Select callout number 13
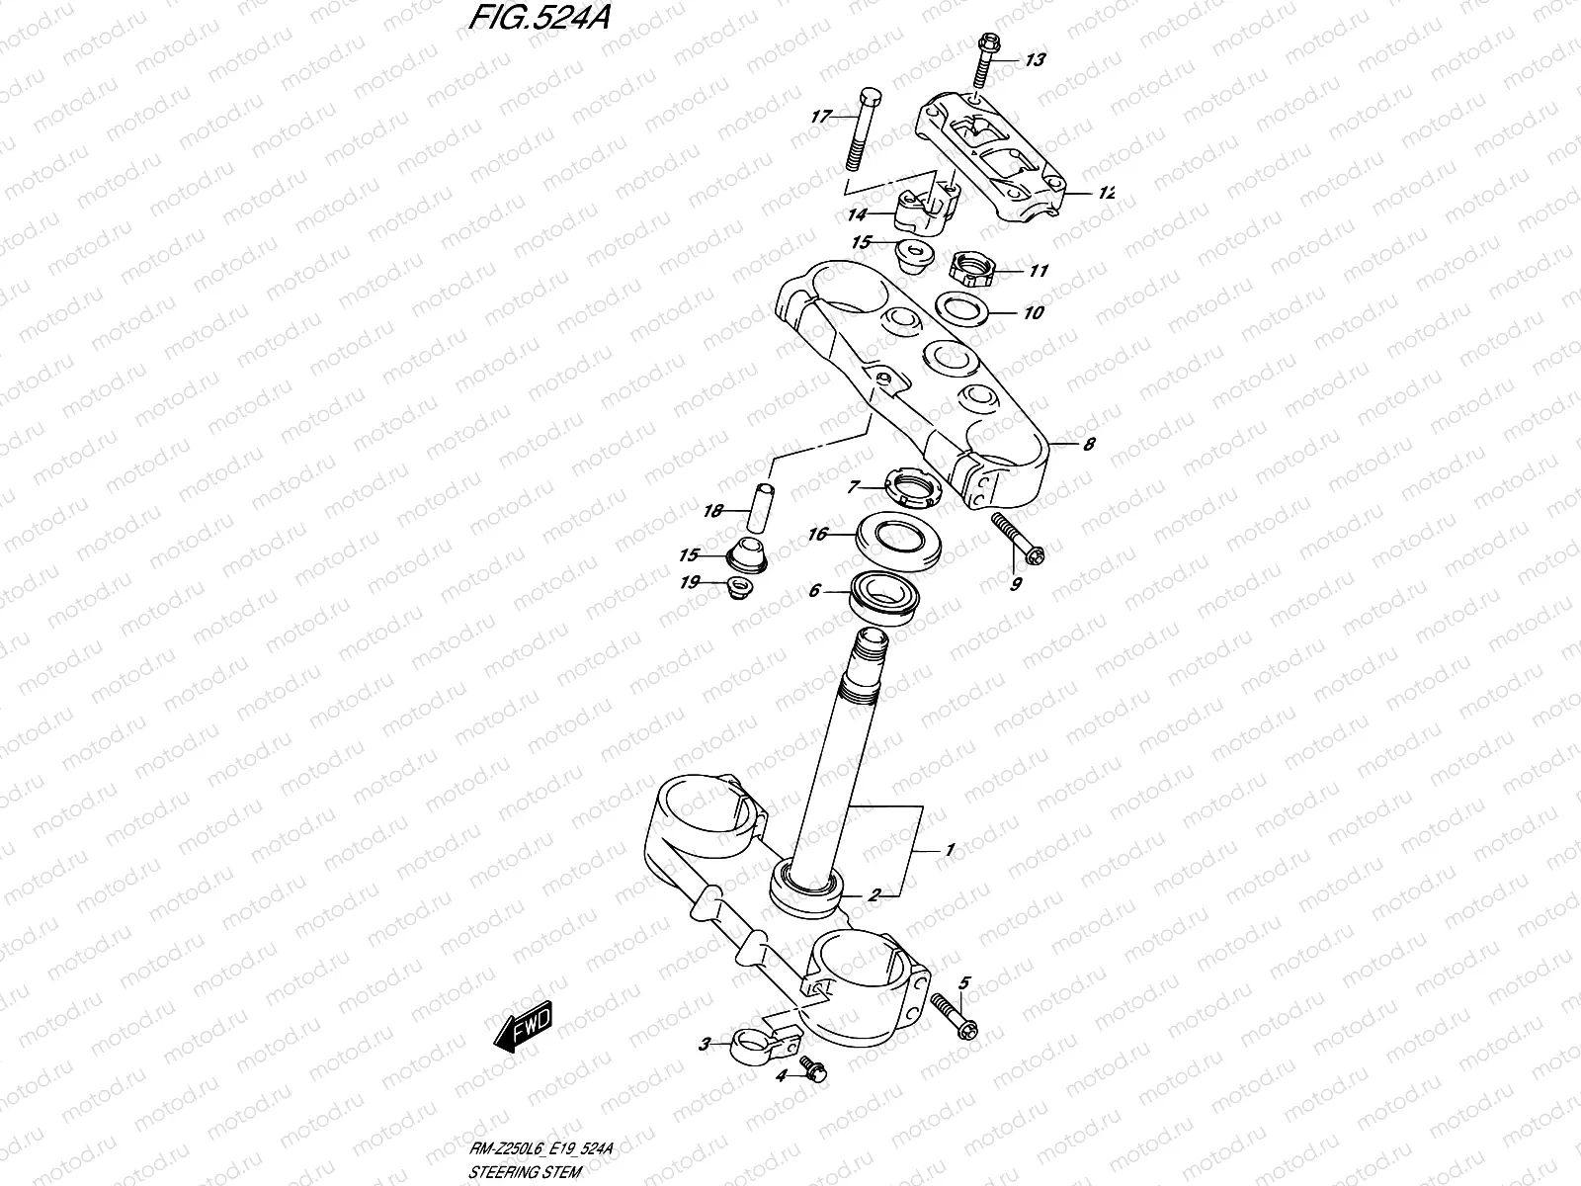pos(1034,60)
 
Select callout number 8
pos(1088,444)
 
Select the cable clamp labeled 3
pos(759,1041)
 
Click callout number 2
pos(874,895)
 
